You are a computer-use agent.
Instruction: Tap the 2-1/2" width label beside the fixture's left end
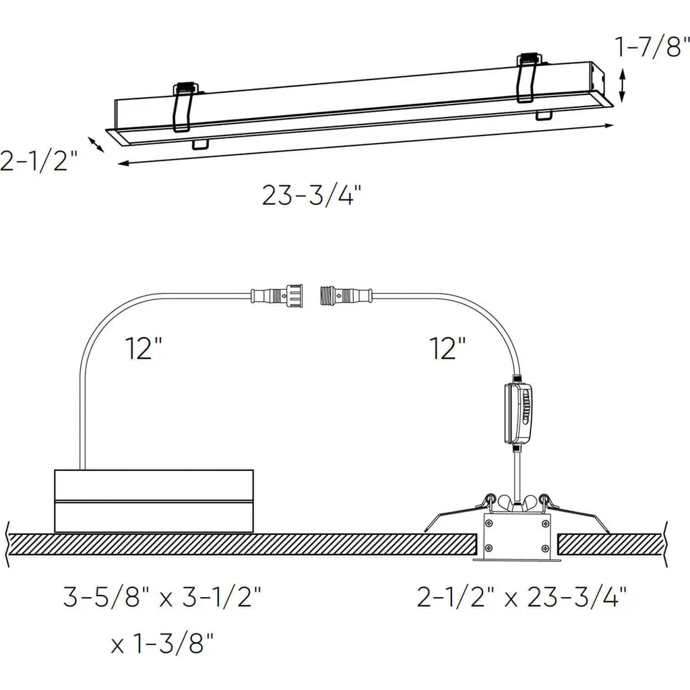(38, 160)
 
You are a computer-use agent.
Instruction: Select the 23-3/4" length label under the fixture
(311, 195)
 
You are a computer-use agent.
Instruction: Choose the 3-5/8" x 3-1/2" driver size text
(162, 597)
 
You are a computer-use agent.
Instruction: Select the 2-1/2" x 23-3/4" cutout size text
(522, 597)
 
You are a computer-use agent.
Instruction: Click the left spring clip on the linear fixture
(185, 108)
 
